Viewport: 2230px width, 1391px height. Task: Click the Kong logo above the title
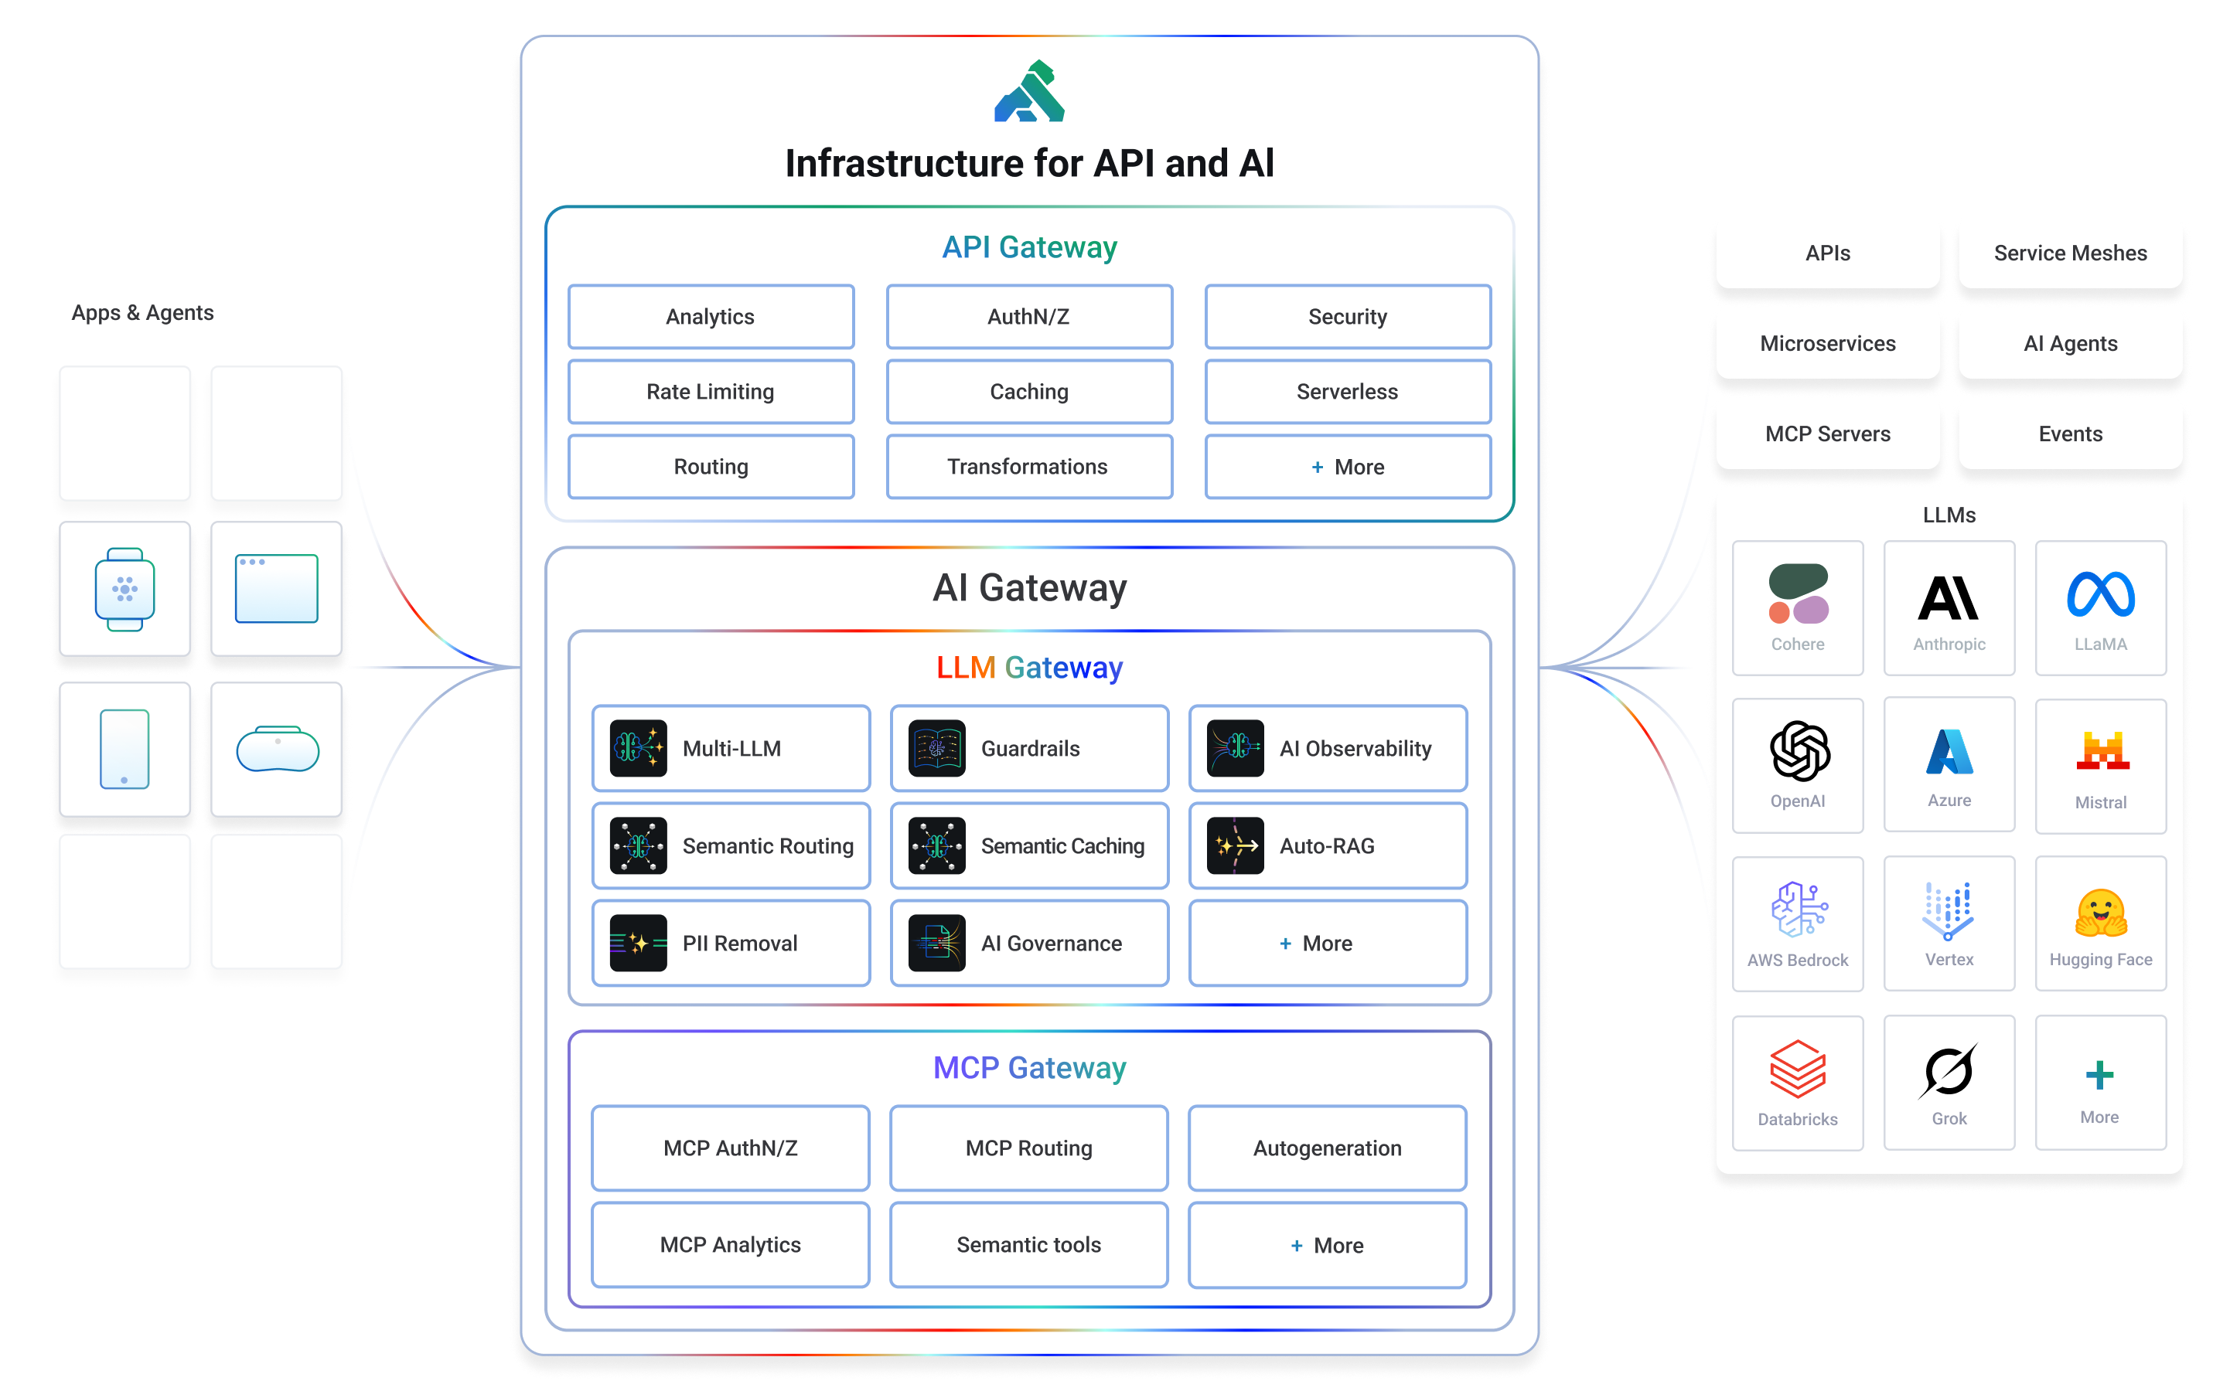(1029, 92)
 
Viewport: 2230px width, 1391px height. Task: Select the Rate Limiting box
(711, 392)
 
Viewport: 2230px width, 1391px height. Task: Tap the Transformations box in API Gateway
(1028, 467)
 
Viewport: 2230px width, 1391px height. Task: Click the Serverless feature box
(1346, 392)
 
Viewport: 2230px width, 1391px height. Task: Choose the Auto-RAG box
(1327, 845)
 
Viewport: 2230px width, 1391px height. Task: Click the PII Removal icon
(638, 943)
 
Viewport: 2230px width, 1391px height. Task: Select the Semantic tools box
(1028, 1245)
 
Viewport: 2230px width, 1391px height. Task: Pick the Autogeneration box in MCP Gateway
(1326, 1148)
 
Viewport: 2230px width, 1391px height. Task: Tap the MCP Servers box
(1827, 434)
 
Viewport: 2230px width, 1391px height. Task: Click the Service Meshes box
(2070, 253)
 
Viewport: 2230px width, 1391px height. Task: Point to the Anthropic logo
(1949, 598)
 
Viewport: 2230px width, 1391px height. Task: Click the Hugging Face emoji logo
(2100, 913)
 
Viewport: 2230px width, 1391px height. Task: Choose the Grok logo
(1948, 1071)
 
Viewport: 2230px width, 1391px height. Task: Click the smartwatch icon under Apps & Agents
(125, 589)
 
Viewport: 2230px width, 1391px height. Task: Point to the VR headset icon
(277, 750)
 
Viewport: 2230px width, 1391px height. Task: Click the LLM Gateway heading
(1029, 668)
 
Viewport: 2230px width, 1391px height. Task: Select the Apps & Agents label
(142, 313)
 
